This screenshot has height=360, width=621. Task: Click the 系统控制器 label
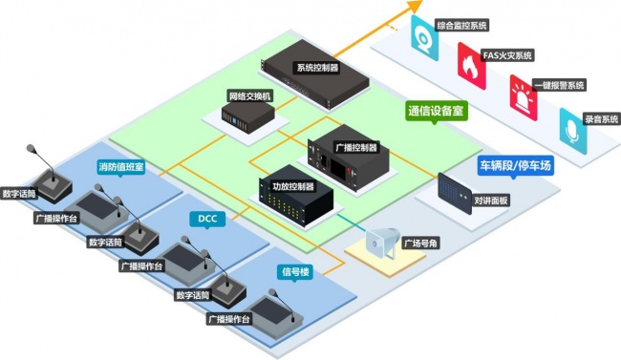coord(317,68)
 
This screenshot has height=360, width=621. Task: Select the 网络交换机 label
coord(250,96)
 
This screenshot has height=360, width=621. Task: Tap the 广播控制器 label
coord(356,147)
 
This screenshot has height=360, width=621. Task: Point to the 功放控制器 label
coord(293,186)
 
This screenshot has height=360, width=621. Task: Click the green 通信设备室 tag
coord(436,112)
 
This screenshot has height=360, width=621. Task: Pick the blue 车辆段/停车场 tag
coord(515,165)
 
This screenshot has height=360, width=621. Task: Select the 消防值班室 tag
coord(121,167)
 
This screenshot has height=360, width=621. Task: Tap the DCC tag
coord(207,219)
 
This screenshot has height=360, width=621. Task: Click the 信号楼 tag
coord(295,272)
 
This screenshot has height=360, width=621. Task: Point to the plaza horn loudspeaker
coord(382,242)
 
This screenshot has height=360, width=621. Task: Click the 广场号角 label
coord(420,243)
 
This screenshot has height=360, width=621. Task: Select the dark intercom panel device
coord(455,194)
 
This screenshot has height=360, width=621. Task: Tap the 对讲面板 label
coord(491,201)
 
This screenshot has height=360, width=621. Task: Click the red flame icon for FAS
coord(471,66)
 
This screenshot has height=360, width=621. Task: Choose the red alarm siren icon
coord(524,97)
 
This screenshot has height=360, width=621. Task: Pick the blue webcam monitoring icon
coord(424,37)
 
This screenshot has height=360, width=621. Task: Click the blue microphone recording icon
coord(572,131)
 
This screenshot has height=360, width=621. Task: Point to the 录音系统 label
coord(601,119)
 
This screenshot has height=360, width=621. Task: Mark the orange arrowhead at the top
coord(415,6)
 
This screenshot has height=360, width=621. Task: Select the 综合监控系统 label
coord(461,26)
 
